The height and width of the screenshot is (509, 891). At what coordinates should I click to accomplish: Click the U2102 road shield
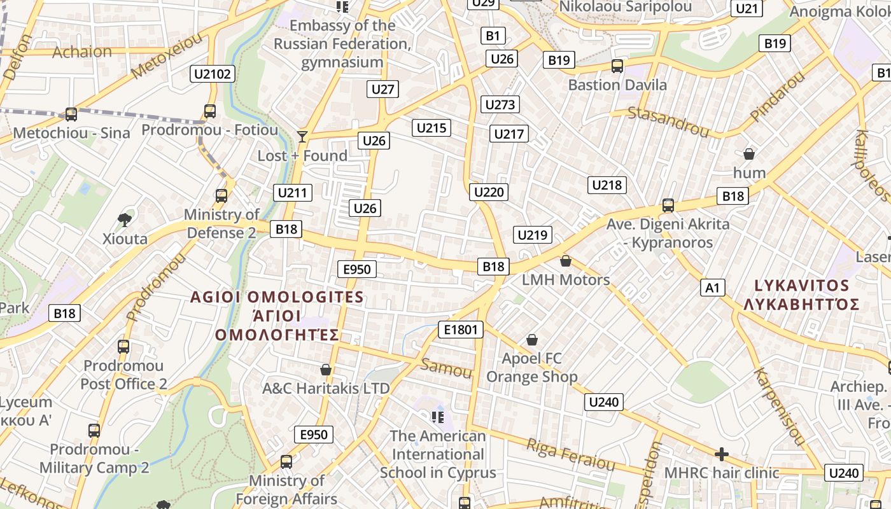(213, 74)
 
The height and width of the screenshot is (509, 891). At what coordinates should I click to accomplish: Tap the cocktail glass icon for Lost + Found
(302, 136)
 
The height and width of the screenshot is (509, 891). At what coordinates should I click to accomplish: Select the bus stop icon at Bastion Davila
(617, 66)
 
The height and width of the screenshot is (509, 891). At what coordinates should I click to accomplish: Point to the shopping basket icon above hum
(749, 154)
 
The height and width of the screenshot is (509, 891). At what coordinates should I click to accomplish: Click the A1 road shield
(712, 288)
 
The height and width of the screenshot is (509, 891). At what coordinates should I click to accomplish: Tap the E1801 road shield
(461, 329)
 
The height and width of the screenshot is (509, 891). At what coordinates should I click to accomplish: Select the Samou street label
(446, 368)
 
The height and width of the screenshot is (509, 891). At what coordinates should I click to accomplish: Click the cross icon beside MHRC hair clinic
(721, 454)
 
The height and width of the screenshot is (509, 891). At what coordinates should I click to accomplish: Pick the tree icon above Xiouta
(125, 220)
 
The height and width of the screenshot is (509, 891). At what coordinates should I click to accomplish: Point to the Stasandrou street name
(668, 122)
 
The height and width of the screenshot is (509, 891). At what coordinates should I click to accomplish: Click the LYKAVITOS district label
(801, 286)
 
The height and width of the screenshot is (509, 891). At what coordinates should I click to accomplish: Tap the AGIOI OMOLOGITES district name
(277, 297)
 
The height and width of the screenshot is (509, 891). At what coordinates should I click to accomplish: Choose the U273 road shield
(500, 104)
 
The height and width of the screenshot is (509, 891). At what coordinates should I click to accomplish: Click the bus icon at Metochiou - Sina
(71, 115)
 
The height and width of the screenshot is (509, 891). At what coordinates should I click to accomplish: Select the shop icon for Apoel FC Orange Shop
(531, 340)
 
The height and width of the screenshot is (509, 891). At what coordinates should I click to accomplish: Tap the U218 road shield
(607, 185)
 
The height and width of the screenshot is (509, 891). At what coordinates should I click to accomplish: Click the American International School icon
(437, 417)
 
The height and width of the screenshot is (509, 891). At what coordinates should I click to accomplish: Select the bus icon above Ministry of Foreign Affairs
(286, 462)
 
